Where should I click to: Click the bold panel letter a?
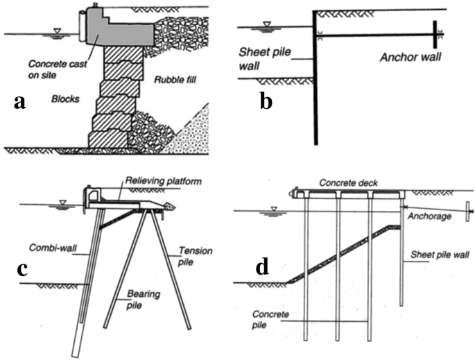pyautogui.click(x=20, y=102)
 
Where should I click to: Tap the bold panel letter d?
pyautogui.click(x=262, y=266)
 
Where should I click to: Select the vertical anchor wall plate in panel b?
pyautogui.click(x=434, y=33)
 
